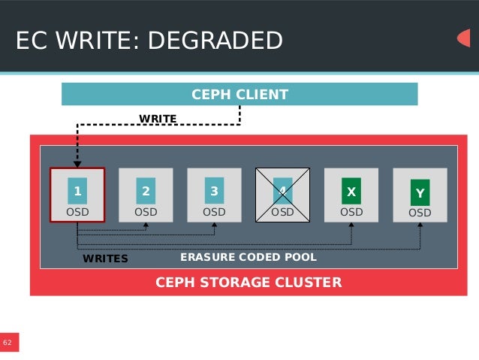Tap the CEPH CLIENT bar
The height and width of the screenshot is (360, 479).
pyautogui.click(x=239, y=95)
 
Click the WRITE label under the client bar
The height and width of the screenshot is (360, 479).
pyautogui.click(x=158, y=119)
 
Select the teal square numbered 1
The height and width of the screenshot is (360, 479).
pyautogui.click(x=77, y=191)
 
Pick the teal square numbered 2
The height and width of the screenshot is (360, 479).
pyautogui.click(x=146, y=191)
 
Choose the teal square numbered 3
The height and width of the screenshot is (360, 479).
pyautogui.click(x=214, y=191)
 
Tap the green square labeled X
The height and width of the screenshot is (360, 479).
pyautogui.click(x=351, y=191)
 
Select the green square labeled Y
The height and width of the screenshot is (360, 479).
pyautogui.click(x=420, y=192)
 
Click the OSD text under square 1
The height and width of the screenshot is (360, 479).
pyautogui.click(x=77, y=212)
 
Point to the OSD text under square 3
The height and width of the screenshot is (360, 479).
pyautogui.click(x=214, y=212)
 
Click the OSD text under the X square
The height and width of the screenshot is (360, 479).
pyautogui.click(x=351, y=212)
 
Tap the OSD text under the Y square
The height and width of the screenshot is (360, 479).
pyautogui.click(x=420, y=213)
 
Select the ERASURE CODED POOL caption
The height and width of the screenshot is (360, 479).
pyautogui.click(x=249, y=257)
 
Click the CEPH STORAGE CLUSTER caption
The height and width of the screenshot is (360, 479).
pyautogui.click(x=249, y=283)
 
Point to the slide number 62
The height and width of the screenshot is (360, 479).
pyautogui.click(x=8, y=343)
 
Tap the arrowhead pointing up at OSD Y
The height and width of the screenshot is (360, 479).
pyautogui.click(x=420, y=226)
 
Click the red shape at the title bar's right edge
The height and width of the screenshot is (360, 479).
pyautogui.click(x=464, y=38)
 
